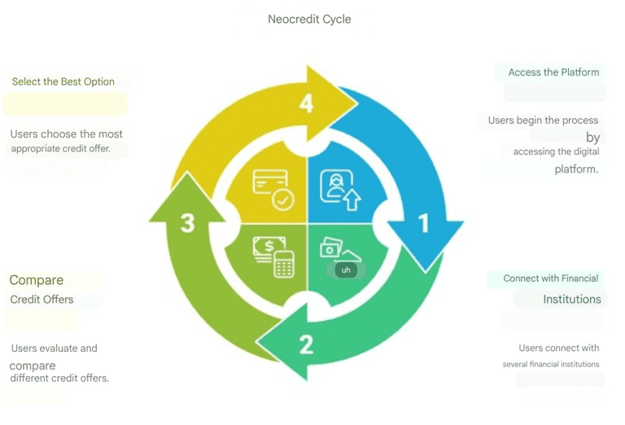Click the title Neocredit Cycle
[309, 20]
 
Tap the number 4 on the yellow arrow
[306, 103]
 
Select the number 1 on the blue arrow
[424, 223]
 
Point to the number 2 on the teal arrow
[306, 344]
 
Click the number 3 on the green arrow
[187, 223]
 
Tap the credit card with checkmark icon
[273, 189]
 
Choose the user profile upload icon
[340, 190]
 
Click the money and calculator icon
[273, 256]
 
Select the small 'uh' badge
[346, 270]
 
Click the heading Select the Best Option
[63, 81]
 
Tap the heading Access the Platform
[553, 72]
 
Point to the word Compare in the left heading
[37, 280]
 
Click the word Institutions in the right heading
[572, 299]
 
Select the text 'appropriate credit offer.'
[60, 149]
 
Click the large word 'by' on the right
[592, 138]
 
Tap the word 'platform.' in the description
[576, 169]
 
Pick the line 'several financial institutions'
[551, 364]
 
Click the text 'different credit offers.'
[59, 378]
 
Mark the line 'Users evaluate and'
[55, 348]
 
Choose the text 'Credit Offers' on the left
[42, 300]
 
